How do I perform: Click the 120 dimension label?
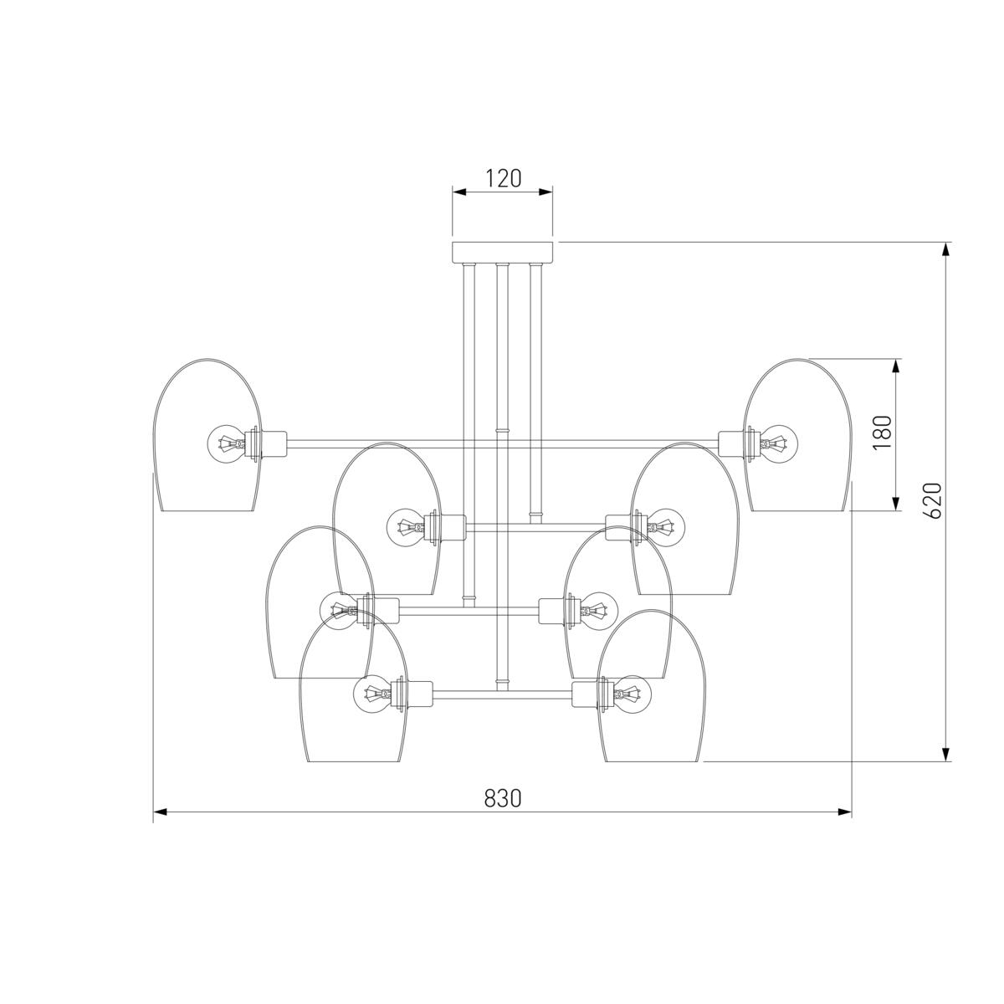coord(504,179)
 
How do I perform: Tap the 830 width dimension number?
coord(502,797)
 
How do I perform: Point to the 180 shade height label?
coord(883,433)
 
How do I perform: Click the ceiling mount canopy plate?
coord(502,252)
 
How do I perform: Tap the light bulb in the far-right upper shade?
coord(778,444)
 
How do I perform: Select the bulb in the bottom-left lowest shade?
coord(372,694)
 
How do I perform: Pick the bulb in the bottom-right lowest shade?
coord(633,694)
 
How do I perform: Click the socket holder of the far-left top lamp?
coord(270,444)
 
